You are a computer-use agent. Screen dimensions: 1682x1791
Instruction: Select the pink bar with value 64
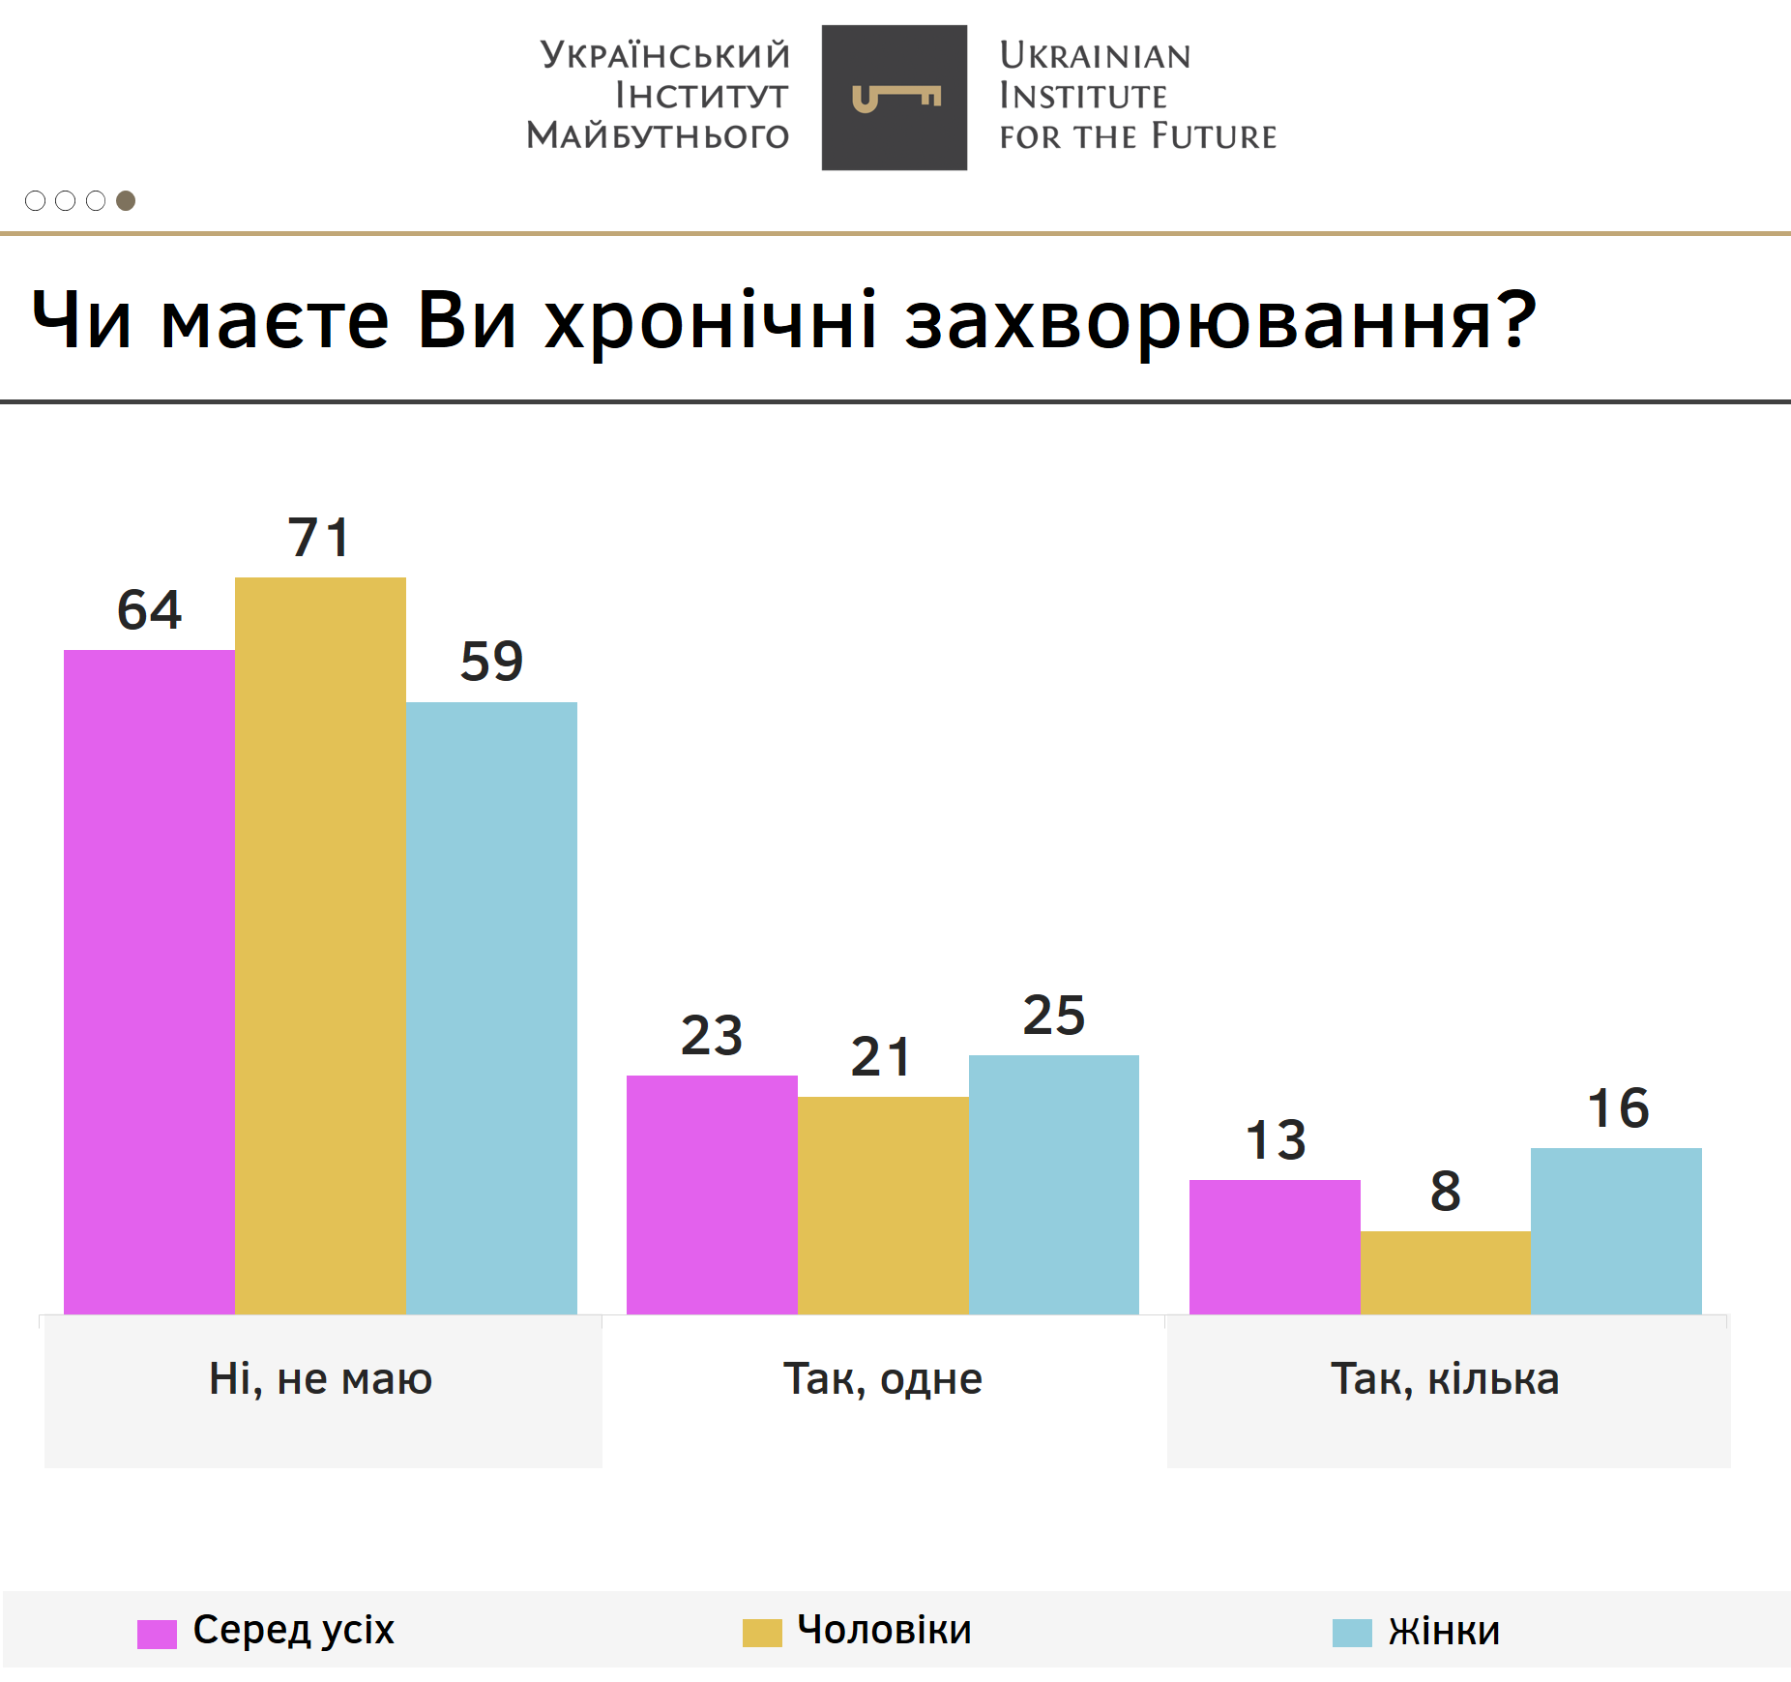tap(149, 981)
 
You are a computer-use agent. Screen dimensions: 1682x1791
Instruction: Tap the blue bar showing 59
tap(491, 1007)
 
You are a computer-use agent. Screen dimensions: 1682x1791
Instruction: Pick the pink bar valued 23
tap(712, 1194)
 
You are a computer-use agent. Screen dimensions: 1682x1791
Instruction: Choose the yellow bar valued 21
tap(883, 1204)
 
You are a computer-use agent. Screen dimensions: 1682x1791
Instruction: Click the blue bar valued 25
tap(1054, 1184)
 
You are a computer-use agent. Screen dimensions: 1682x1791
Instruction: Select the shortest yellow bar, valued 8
tap(1446, 1272)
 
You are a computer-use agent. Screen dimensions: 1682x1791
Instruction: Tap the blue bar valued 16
tap(1616, 1230)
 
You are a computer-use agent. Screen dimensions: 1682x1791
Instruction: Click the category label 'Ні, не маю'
tap(320, 1378)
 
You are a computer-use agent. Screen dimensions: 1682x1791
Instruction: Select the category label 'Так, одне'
tap(883, 1378)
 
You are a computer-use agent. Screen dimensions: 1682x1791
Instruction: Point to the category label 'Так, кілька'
tap(1445, 1378)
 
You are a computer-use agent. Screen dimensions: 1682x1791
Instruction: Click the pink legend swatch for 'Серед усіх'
tap(157, 1633)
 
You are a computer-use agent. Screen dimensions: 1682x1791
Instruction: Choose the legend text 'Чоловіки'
tap(884, 1630)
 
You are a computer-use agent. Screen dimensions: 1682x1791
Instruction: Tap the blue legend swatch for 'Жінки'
tap(1352, 1633)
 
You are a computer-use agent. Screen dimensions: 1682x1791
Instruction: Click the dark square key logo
tap(895, 98)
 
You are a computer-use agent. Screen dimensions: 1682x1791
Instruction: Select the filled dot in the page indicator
tap(126, 200)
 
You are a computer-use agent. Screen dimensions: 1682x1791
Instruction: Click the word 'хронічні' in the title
tap(711, 320)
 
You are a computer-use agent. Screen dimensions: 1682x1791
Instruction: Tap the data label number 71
tap(318, 538)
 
